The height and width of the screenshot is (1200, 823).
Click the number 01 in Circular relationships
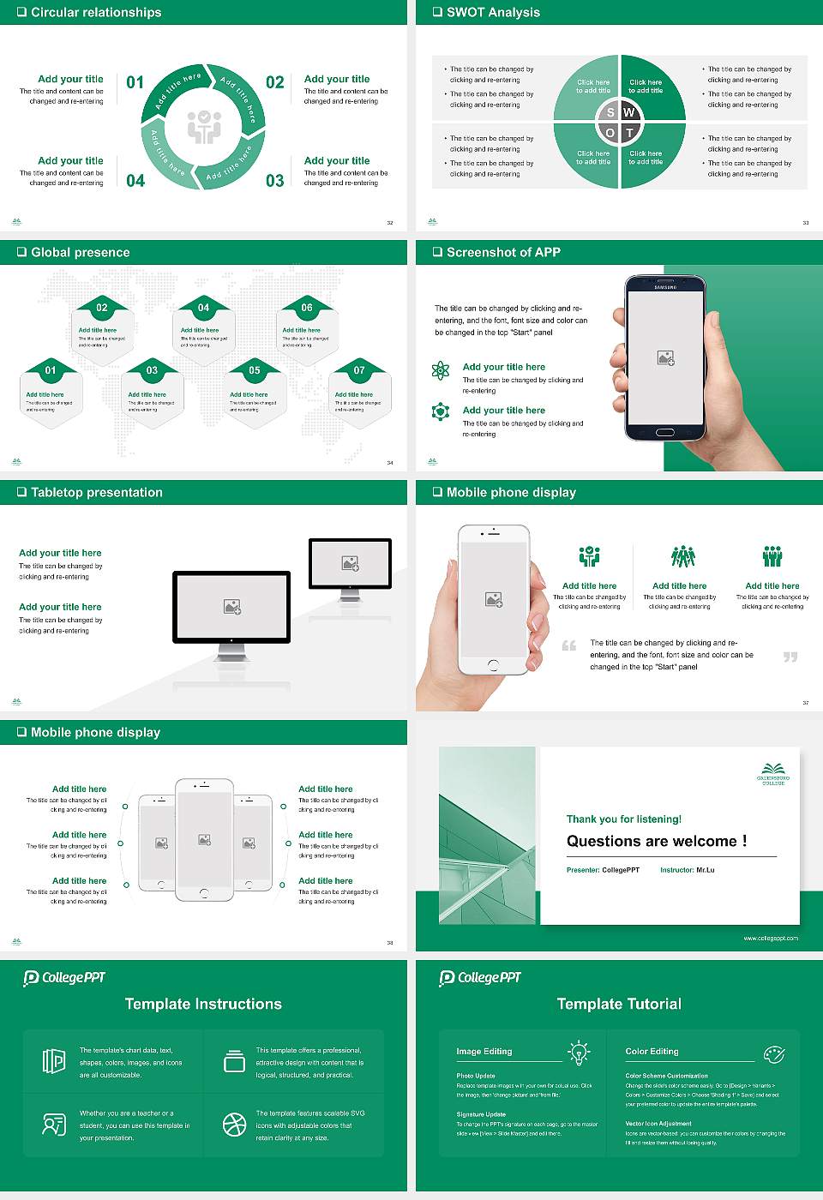(135, 82)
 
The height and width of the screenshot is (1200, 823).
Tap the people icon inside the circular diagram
(204, 127)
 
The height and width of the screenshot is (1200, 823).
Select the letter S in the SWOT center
(610, 112)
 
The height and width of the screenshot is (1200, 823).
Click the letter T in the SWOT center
(629, 133)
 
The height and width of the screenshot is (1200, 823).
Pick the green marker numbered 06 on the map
(306, 308)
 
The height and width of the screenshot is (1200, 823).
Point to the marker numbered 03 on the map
(152, 370)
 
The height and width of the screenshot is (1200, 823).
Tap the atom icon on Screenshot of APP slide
(441, 370)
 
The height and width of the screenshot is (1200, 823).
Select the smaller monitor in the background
(350, 563)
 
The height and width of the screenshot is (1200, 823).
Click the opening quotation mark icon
(569, 645)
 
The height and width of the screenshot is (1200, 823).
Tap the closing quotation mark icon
(790, 657)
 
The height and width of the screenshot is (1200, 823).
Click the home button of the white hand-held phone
(493, 665)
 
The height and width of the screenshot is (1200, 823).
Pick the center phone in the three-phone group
(204, 840)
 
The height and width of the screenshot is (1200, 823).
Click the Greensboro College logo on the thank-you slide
(773, 773)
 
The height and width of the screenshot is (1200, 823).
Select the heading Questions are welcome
(657, 841)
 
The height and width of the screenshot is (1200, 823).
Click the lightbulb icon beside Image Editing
(579, 1053)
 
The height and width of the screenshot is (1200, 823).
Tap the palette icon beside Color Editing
(773, 1053)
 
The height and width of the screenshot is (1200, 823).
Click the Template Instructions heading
(203, 1004)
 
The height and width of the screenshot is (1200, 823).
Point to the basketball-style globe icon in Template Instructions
(234, 1125)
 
